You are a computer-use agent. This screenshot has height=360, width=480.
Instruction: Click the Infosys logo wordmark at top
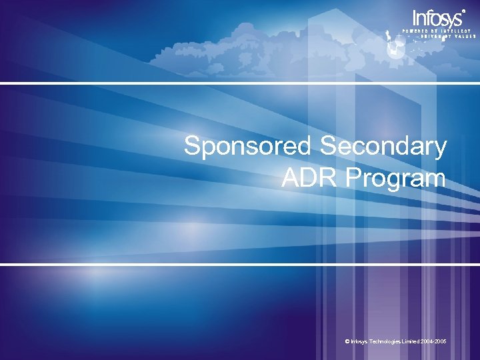click(x=437, y=19)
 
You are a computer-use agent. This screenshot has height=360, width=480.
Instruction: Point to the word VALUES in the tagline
click(x=465, y=37)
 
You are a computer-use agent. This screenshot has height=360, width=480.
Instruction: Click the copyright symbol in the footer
click(x=348, y=341)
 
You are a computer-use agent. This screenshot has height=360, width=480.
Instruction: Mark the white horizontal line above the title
click(x=240, y=83)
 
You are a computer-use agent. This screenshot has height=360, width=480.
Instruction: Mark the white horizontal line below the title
click(x=240, y=265)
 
